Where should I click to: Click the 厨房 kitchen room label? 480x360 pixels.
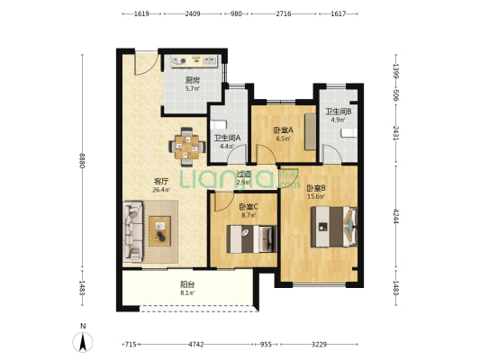[x=193, y=80]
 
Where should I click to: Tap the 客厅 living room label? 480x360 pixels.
[x=161, y=181]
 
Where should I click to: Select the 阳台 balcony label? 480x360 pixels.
[x=187, y=284]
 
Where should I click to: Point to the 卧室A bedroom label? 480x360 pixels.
[x=283, y=130]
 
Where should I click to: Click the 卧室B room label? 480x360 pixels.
[x=316, y=188]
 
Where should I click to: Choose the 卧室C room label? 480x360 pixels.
[x=249, y=207]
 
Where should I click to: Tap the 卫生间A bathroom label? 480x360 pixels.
[x=227, y=138]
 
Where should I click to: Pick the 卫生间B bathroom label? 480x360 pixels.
[x=339, y=112]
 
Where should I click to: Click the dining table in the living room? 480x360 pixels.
[x=187, y=147]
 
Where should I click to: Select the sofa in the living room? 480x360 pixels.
[x=133, y=231]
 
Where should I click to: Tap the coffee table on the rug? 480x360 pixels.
[x=159, y=231]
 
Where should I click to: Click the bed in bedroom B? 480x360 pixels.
[x=334, y=227]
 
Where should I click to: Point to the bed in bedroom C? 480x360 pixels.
[x=251, y=238]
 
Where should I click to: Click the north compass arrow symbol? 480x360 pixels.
[x=82, y=342]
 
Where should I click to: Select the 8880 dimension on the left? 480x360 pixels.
[x=82, y=160]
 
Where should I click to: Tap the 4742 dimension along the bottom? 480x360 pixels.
[x=196, y=345]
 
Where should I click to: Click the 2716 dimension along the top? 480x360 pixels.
[x=284, y=13]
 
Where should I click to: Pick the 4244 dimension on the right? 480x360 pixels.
[x=396, y=216]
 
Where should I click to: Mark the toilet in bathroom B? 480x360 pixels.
[x=349, y=132]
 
